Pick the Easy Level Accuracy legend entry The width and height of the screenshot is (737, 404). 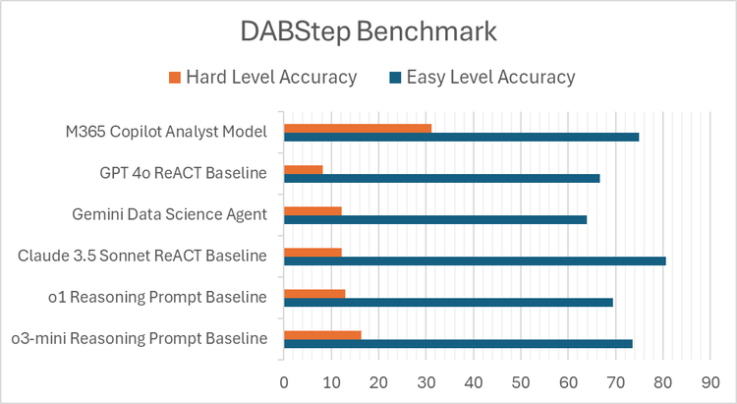click(482, 77)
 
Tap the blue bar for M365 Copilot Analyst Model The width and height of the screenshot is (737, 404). click(461, 137)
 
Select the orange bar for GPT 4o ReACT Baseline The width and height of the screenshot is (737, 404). click(303, 169)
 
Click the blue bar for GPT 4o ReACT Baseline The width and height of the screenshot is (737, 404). click(441, 178)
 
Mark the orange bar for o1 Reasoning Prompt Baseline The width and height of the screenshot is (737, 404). click(314, 293)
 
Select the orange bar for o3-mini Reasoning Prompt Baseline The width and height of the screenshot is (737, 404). click(322, 334)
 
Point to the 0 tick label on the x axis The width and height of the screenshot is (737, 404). click(284, 380)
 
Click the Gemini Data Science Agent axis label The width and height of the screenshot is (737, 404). click(170, 214)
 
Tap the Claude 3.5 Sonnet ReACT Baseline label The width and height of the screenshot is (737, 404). click(142, 256)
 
